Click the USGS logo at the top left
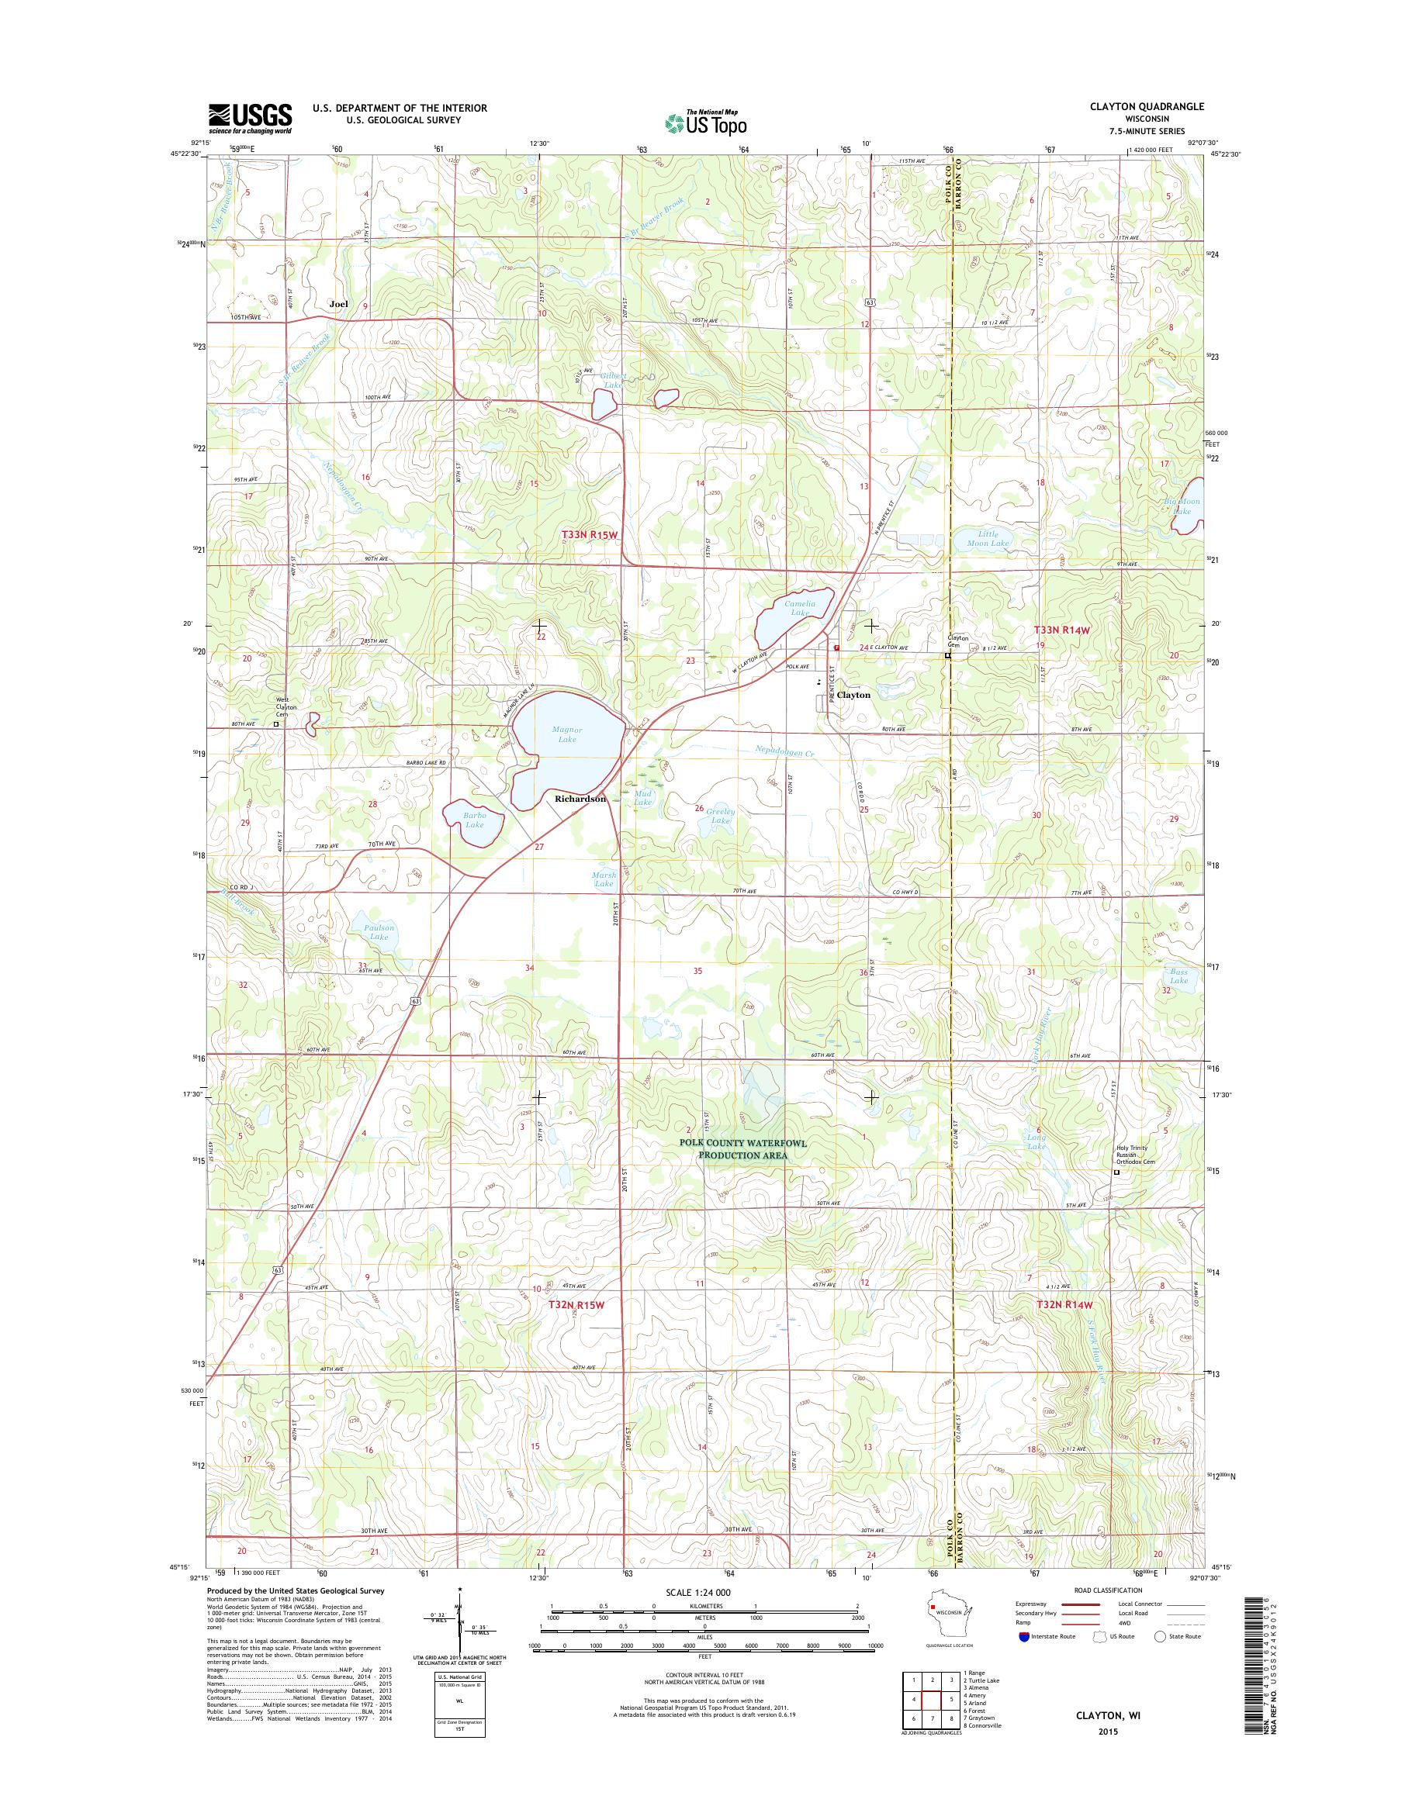coord(250,118)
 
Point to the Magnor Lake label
coord(567,734)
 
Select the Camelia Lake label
coord(799,607)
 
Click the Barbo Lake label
coord(474,819)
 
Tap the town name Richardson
coord(580,799)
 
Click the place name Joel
coord(338,303)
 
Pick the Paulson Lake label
coord(379,931)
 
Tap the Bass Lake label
coord(1178,976)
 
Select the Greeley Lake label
coord(720,816)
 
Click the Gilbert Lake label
coord(614,380)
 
